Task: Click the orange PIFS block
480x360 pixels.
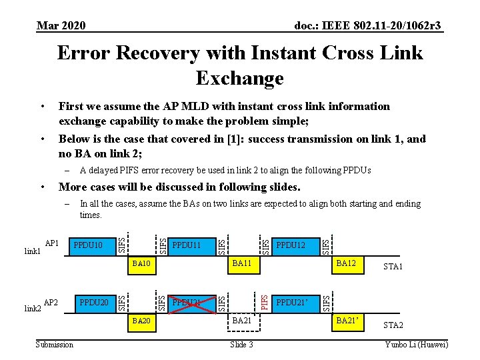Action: coord(265,293)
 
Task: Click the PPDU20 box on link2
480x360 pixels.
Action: coord(95,303)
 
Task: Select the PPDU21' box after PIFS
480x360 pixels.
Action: coord(294,303)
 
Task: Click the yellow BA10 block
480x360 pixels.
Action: coord(142,265)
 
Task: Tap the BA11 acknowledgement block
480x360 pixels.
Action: coord(241,265)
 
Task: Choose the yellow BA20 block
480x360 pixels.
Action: coord(142,321)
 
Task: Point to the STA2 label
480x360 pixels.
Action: coord(393,325)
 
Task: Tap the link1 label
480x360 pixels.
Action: coord(32,251)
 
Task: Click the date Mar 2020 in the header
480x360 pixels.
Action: coord(61,26)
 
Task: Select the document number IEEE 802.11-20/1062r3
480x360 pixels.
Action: coord(368,26)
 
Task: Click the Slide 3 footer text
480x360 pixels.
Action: coord(241,344)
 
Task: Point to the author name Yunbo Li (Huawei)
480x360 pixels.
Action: coord(417,344)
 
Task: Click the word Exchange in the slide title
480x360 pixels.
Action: coord(240,79)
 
